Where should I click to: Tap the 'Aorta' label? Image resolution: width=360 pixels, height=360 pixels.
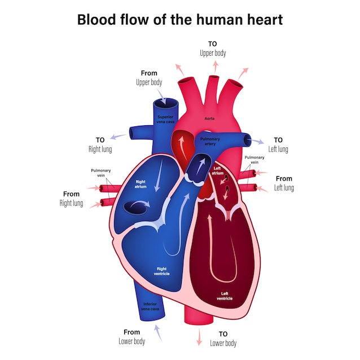(x=209, y=118)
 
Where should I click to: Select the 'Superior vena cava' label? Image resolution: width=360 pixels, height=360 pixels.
(x=165, y=120)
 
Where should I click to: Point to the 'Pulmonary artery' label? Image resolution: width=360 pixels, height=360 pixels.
(x=210, y=142)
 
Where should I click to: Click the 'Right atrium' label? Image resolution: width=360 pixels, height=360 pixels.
(x=141, y=185)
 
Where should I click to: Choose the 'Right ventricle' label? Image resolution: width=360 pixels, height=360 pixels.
(x=161, y=271)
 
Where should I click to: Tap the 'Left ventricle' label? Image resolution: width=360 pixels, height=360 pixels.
(x=225, y=296)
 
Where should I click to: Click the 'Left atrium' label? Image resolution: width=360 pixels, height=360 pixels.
(x=217, y=170)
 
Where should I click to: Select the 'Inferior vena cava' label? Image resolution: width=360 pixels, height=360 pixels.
(x=150, y=306)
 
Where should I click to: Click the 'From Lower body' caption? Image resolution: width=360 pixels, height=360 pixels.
(x=132, y=337)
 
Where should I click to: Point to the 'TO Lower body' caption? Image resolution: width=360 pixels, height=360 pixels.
(x=223, y=339)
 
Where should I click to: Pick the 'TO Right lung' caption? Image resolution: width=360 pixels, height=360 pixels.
(x=100, y=144)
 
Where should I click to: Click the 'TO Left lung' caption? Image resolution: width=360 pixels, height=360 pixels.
(x=278, y=144)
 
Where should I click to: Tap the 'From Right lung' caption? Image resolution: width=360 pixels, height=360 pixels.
(x=72, y=199)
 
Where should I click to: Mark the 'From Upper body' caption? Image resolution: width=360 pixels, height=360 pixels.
(x=149, y=78)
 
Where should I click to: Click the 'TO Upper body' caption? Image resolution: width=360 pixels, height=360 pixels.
(x=213, y=49)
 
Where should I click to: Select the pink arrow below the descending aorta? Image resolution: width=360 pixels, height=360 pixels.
(x=199, y=337)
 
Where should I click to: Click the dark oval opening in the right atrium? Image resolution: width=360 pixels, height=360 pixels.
(x=135, y=208)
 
